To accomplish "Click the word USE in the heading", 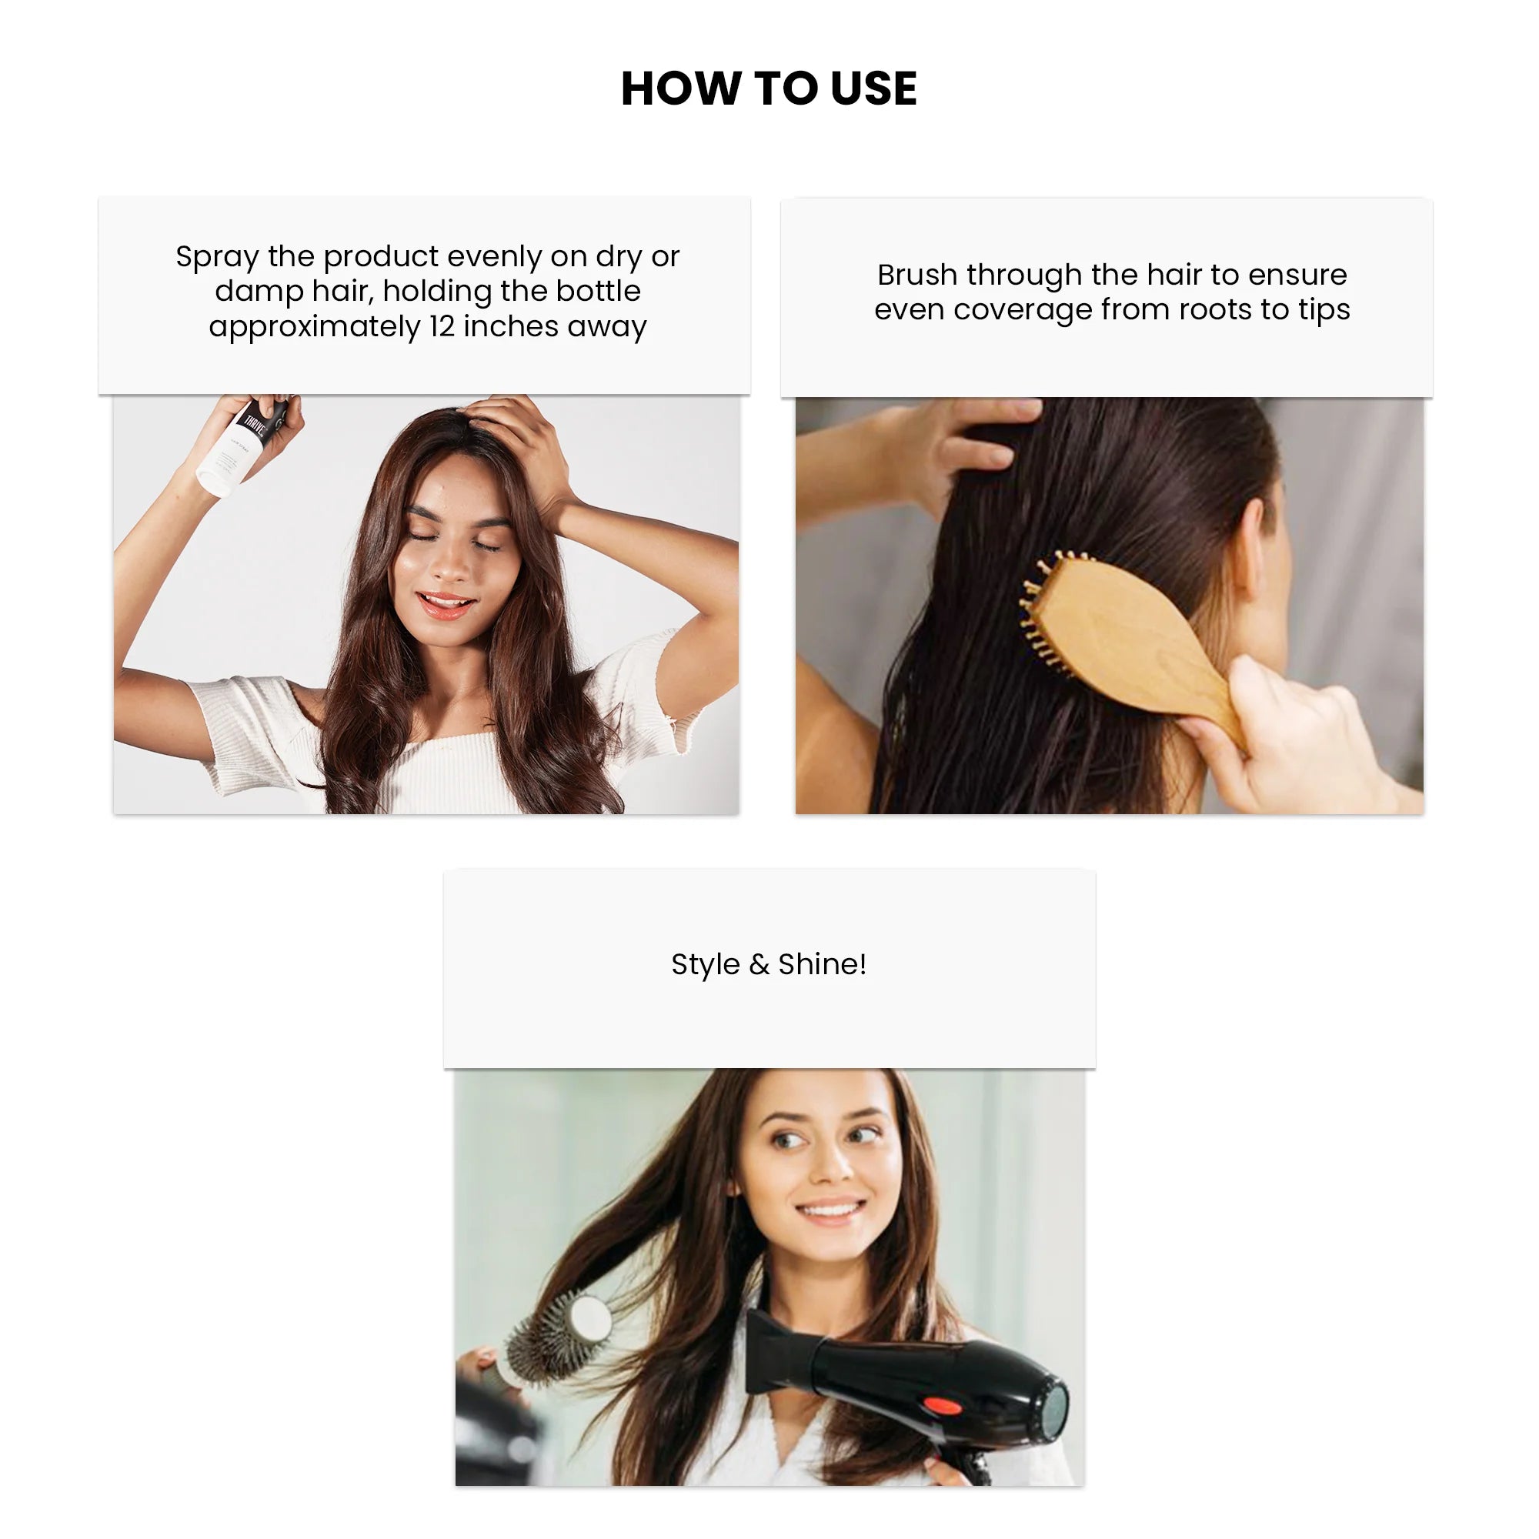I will [873, 88].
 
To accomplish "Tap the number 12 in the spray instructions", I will [442, 326].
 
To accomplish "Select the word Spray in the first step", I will [217, 256].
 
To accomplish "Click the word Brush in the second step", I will [917, 275].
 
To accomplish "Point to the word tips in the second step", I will [1324, 309].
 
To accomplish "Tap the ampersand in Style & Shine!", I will [759, 965].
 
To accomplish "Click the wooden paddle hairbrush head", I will [1115, 629].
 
